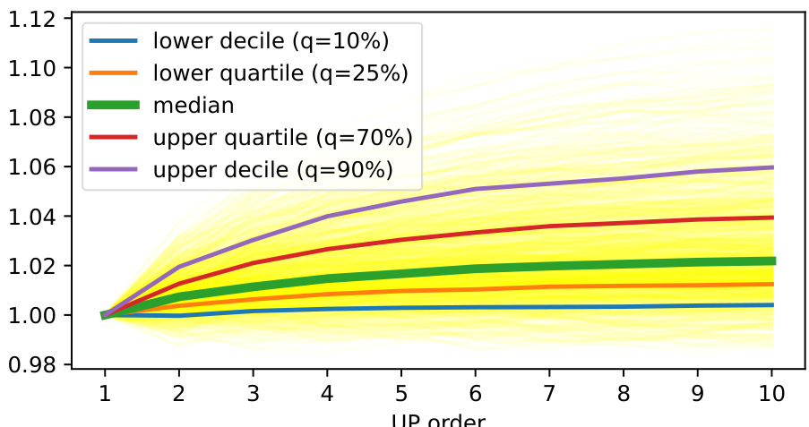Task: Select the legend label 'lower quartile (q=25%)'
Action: tap(280, 73)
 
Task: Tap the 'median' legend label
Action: tap(194, 105)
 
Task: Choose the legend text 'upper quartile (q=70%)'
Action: tap(282, 138)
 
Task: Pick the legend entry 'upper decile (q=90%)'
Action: tap(273, 170)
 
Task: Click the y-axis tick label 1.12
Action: tap(32, 19)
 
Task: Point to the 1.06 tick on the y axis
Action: tap(32, 167)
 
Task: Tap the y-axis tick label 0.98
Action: tap(32, 364)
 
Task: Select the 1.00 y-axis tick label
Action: tap(32, 315)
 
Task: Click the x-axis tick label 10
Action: tap(772, 393)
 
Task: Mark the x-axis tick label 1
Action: tap(105, 393)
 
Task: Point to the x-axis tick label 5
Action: tap(401, 393)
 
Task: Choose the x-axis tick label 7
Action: tap(550, 393)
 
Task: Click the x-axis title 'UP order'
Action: tap(439, 420)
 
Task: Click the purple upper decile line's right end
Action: tap(772, 167)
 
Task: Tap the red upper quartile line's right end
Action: tap(772, 218)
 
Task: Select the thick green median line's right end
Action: tap(772, 260)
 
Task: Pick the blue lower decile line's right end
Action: tap(772, 305)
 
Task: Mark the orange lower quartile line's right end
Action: tap(772, 284)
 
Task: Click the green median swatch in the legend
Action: tap(114, 105)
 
